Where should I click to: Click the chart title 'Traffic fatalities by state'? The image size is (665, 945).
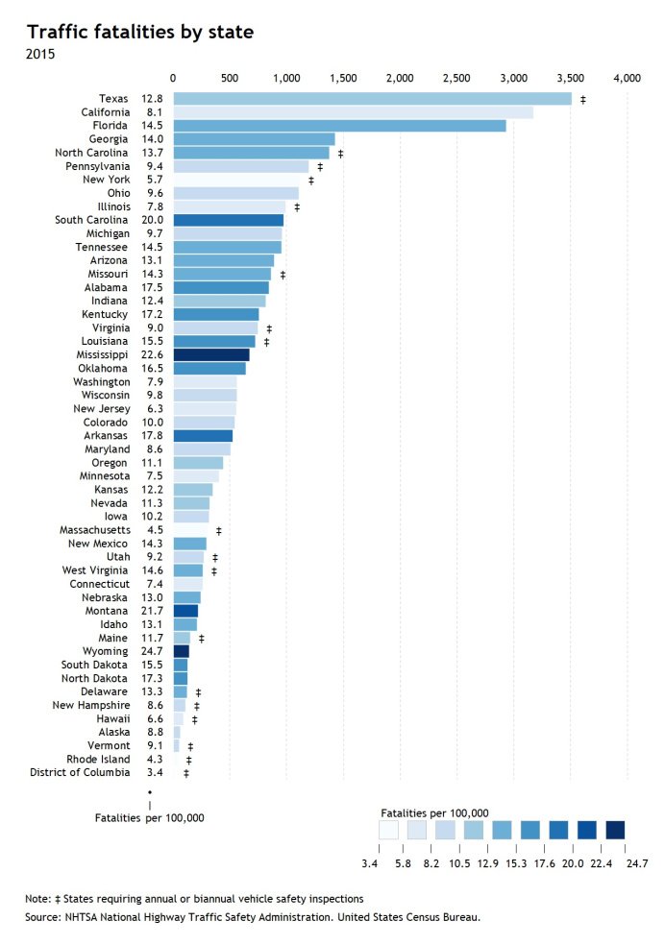pos(139,32)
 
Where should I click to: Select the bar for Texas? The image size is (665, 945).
pos(372,99)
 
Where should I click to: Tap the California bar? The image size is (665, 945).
pos(353,112)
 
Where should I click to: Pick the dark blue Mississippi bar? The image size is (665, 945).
pos(210,354)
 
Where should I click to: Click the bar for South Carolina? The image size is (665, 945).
pos(228,220)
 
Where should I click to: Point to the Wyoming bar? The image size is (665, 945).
pos(181,651)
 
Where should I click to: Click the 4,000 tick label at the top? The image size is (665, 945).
pos(628,77)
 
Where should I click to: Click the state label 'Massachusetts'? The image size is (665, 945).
pos(94,530)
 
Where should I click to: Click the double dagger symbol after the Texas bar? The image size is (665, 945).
pos(583,100)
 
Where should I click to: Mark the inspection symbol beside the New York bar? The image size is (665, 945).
pos(311,181)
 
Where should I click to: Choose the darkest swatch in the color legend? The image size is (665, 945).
pos(615,830)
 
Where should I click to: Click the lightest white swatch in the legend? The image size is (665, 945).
pos(389,830)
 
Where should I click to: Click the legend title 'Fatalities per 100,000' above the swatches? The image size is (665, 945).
pos(435,812)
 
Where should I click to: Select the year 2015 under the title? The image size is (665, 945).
pos(40,54)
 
